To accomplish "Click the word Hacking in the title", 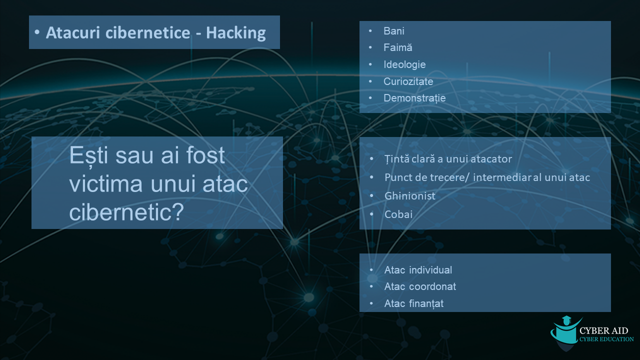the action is coord(235,33).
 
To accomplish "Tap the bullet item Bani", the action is coord(393,31).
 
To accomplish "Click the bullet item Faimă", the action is coord(397,47).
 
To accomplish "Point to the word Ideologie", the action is coord(404,64).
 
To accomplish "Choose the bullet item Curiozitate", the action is coord(408,81).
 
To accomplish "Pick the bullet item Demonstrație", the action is coord(414,98).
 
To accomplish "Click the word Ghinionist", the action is coord(409,196).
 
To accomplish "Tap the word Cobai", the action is coord(398,214).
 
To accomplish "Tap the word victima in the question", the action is coord(105,184).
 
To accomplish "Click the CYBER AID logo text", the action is coord(603,330).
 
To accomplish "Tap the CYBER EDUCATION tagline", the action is coord(606,339).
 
